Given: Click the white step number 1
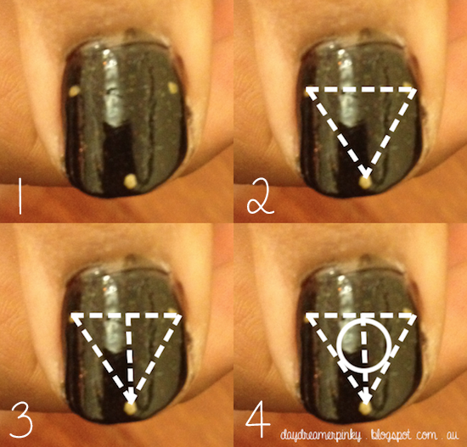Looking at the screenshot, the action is [20, 196].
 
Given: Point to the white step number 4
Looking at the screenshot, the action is [258, 419].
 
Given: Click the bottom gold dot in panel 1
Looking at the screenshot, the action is [131, 180].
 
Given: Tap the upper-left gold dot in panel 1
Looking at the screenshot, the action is [74, 91].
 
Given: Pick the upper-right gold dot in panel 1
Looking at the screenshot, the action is [172, 87].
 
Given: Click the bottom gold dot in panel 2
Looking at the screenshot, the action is [365, 182].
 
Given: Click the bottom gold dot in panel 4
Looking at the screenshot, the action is [365, 409].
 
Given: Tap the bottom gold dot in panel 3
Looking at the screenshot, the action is [131, 408].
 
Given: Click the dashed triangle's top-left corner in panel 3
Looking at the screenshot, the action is [72, 315].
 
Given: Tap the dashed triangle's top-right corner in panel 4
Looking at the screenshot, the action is [414, 315].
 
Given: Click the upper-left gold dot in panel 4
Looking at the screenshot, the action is [307, 319].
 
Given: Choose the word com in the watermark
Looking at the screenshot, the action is [427, 436].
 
